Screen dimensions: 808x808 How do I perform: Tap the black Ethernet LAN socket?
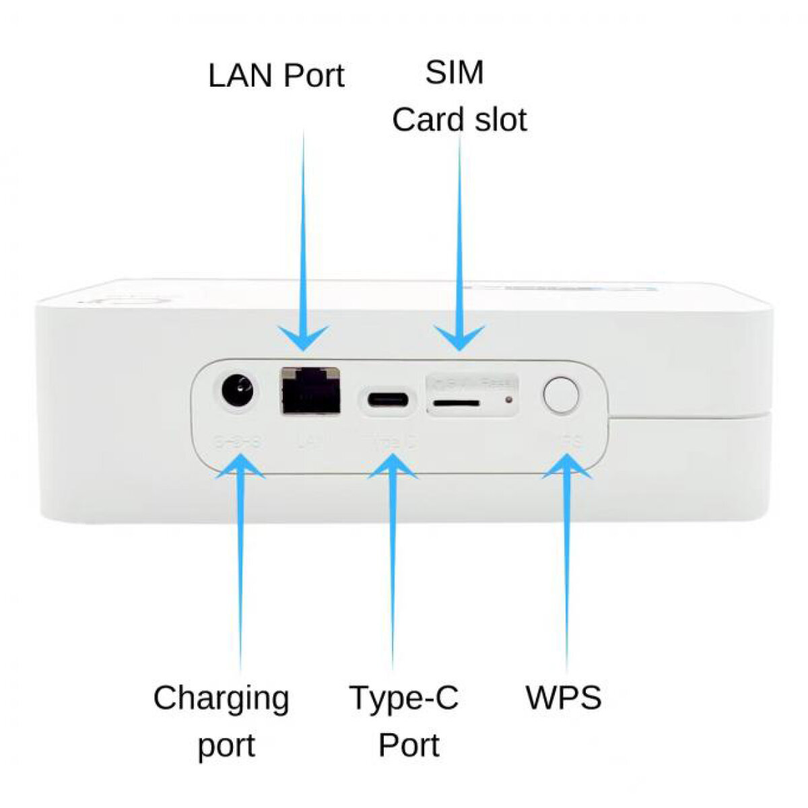tap(310, 391)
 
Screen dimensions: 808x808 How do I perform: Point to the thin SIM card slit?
tap(456, 403)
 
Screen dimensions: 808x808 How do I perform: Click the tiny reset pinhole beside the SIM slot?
tap(508, 400)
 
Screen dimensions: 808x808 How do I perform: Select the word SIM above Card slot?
tap(454, 73)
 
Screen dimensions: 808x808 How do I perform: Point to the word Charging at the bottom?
tap(221, 699)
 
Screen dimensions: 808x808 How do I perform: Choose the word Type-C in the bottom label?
tap(404, 698)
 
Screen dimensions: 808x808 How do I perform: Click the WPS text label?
tap(563, 698)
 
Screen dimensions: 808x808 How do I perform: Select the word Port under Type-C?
tap(408, 745)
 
